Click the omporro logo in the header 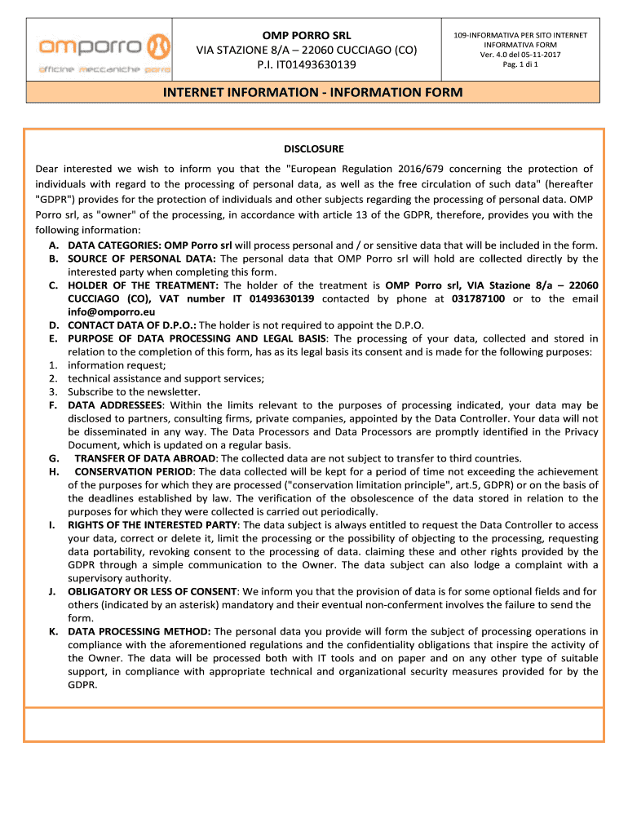tap(103, 50)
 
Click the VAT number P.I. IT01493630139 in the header tap(306, 64)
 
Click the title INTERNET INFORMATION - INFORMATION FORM tap(313, 94)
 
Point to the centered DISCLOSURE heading tap(314, 148)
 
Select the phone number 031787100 tap(478, 298)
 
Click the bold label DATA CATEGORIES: tap(114, 245)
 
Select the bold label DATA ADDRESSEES tap(116, 404)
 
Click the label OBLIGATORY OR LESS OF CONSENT tap(153, 591)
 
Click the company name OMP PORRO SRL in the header tap(306, 36)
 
